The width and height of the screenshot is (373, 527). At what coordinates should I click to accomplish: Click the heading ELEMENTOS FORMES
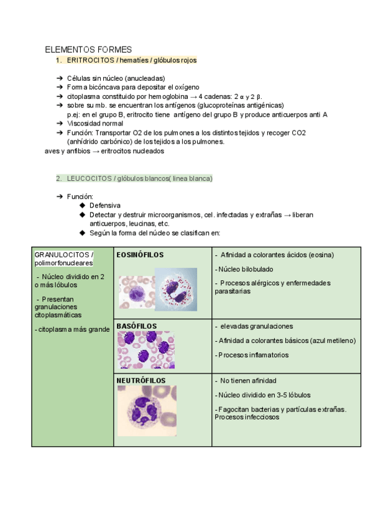click(88, 50)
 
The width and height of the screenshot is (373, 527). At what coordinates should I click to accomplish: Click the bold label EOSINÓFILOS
click(140, 255)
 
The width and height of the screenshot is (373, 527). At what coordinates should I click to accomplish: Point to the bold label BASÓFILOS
click(136, 326)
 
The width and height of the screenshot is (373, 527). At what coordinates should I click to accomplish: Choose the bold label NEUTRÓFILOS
click(140, 380)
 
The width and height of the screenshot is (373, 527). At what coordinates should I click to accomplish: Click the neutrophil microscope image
click(147, 410)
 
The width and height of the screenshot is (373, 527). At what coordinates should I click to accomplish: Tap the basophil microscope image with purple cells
click(146, 350)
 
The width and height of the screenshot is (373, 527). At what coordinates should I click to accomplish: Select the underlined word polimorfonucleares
click(64, 263)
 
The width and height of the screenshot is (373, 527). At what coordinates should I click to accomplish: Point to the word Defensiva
click(105, 205)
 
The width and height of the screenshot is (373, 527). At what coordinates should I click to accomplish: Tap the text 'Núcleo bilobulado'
click(244, 269)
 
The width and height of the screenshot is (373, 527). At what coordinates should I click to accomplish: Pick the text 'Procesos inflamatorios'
click(253, 355)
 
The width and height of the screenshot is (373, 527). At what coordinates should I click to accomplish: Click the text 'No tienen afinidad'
click(248, 380)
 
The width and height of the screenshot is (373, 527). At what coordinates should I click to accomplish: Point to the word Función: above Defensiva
click(80, 196)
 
